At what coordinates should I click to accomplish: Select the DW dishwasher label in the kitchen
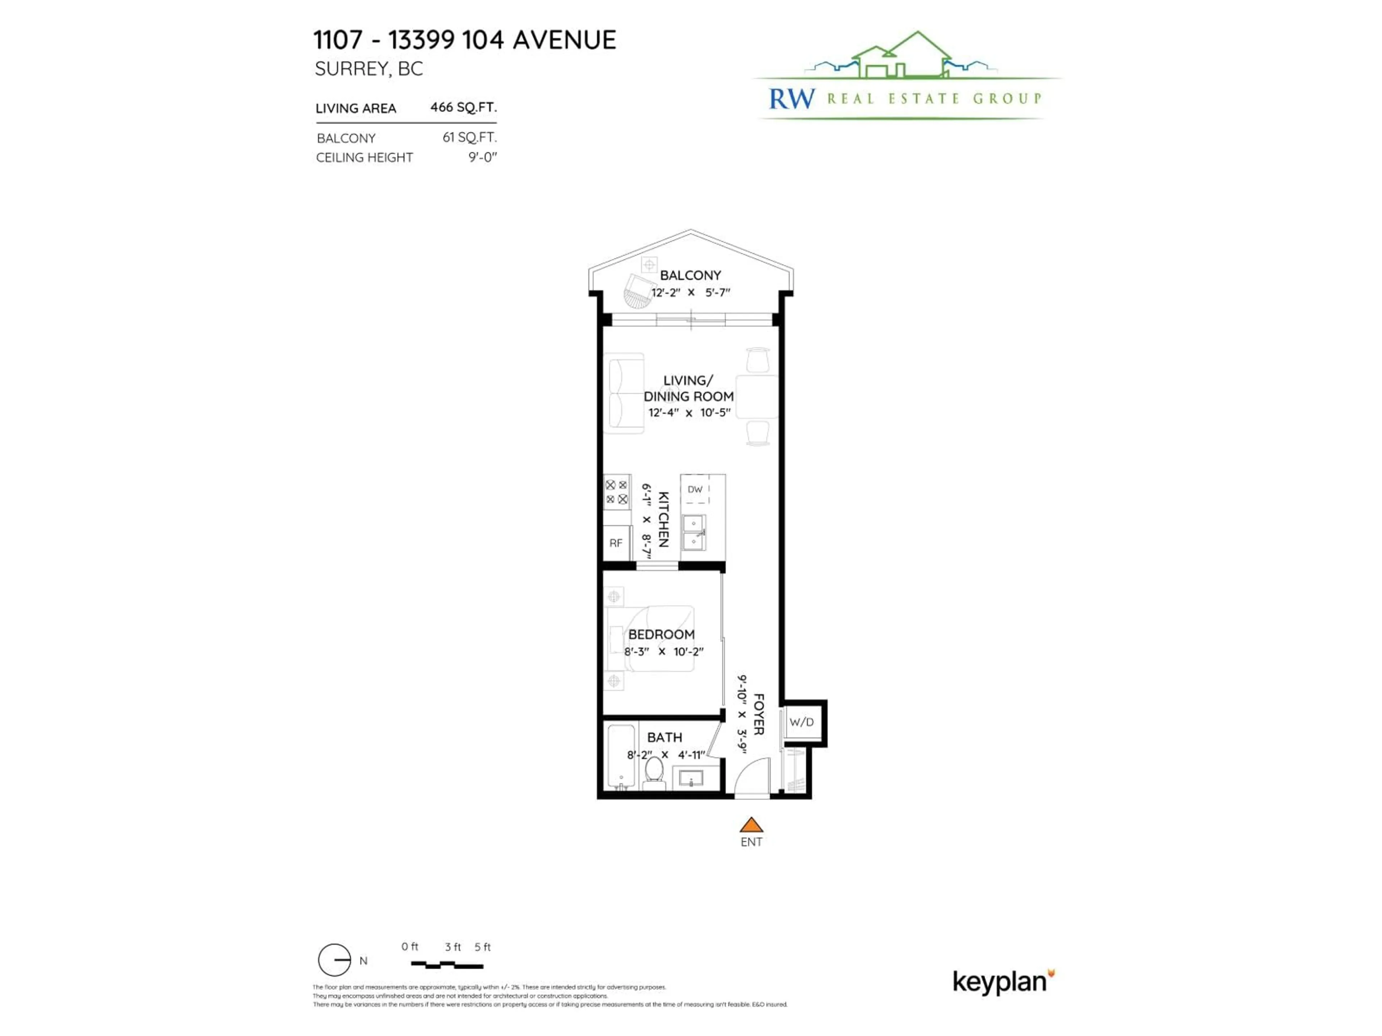point(695,490)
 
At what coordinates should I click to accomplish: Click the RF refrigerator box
point(616,543)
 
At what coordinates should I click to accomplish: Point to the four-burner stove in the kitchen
point(617,492)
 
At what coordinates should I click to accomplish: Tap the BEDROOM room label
point(661,635)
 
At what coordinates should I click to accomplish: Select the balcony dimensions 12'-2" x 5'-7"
point(690,292)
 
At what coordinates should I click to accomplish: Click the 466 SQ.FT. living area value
point(463,108)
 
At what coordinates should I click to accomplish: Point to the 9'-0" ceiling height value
point(482,157)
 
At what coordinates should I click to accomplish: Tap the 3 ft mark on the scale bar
point(452,947)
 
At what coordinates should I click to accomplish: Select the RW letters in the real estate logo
point(791,99)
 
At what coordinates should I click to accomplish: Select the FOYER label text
point(758,714)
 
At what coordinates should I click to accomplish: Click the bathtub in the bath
point(621,756)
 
